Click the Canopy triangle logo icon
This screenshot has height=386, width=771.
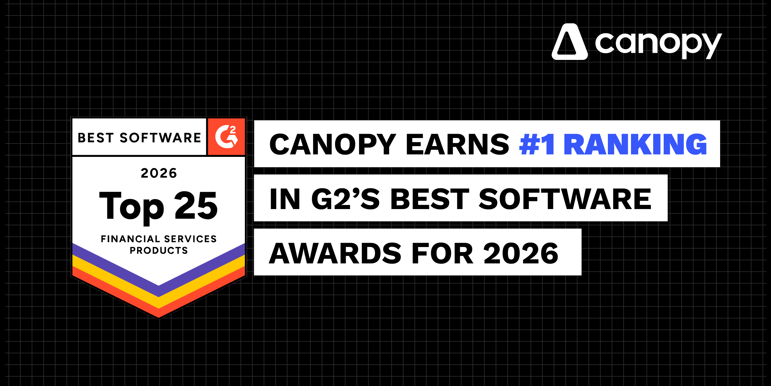tap(569, 42)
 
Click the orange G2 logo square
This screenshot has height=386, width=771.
tap(226, 137)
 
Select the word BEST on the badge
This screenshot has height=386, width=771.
tap(96, 138)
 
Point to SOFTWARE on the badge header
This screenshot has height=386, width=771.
tap(160, 138)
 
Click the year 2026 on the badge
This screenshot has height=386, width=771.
tap(159, 173)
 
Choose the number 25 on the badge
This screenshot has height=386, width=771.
tap(196, 206)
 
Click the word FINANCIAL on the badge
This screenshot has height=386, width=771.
tap(130, 239)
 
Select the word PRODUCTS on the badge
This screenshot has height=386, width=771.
tap(159, 250)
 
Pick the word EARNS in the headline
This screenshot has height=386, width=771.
tap(458, 145)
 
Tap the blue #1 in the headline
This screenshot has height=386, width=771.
tap(537, 145)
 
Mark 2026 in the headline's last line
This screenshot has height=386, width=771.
tap(521, 254)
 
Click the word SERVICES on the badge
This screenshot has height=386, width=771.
tap(190, 239)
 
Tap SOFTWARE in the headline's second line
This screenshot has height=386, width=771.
tap(565, 199)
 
